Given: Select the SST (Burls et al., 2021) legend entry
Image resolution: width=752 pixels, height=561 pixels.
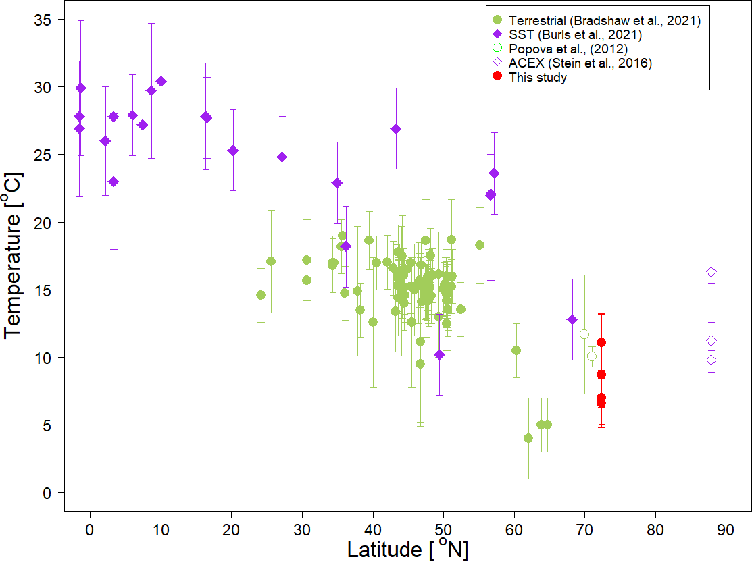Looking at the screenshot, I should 574,34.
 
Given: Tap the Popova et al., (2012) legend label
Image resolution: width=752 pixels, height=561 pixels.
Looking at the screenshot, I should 569,49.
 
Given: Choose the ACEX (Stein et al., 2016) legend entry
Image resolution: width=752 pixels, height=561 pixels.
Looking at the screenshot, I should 580,63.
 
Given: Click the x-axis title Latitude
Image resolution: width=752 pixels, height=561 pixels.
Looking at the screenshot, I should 407,550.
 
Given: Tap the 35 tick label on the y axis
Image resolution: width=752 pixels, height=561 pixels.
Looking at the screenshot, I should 43,20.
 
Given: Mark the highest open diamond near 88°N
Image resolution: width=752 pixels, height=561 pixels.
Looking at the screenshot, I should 711,272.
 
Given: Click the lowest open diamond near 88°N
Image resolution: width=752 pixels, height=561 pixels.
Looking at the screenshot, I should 711,360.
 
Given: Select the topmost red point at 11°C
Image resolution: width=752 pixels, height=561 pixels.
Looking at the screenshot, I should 601,342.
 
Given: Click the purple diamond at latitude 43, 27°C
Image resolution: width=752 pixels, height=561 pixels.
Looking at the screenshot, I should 396,129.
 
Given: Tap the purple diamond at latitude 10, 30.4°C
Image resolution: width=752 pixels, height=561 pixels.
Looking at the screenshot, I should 161,82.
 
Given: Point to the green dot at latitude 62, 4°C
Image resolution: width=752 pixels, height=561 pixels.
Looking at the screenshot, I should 528,438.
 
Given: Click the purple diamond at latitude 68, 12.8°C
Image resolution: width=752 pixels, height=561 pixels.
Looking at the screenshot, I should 572,319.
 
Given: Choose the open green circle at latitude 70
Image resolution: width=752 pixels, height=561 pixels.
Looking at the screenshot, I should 584,334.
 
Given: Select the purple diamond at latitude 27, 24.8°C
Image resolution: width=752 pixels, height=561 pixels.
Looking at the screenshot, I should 282,157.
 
